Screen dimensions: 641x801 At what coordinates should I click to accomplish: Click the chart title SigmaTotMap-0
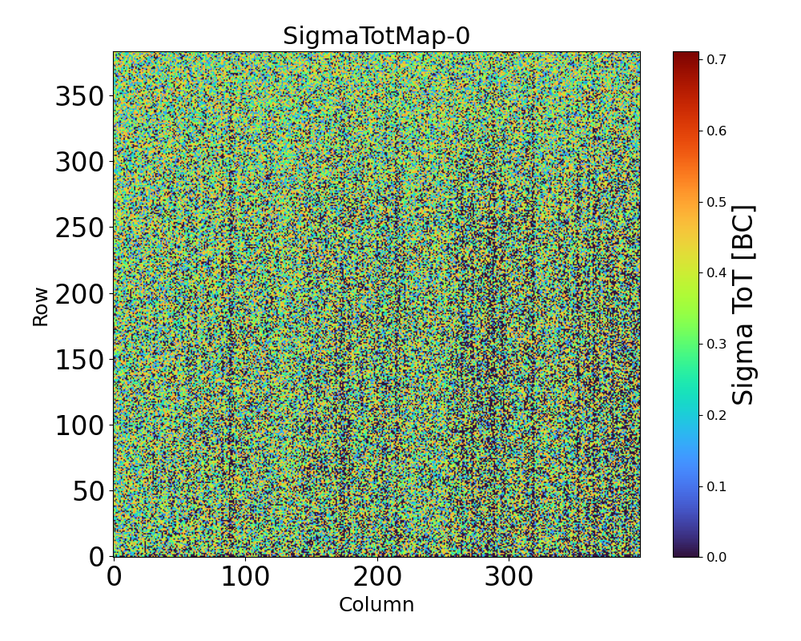(376, 37)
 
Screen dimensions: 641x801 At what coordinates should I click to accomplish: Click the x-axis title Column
(376, 605)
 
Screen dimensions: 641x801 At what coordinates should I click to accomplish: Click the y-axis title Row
(40, 307)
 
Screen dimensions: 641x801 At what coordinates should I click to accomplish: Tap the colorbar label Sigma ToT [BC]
(745, 304)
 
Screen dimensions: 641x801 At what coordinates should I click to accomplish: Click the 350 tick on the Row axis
(79, 97)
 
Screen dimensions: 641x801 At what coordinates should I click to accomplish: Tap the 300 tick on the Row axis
(79, 163)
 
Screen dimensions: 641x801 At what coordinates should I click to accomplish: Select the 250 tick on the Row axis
(79, 228)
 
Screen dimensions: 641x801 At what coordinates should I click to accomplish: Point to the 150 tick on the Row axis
(79, 360)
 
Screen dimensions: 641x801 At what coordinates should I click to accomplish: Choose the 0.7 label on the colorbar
(716, 59)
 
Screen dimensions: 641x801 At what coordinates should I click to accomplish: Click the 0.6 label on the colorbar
(716, 131)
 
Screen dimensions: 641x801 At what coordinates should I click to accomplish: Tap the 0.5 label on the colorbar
(716, 201)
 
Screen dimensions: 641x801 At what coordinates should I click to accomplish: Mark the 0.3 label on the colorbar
(716, 344)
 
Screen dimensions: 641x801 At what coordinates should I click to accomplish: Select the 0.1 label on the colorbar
(716, 486)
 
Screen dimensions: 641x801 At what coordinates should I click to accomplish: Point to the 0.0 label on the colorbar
(716, 556)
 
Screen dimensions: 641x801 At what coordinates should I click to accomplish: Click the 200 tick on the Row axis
(79, 294)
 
